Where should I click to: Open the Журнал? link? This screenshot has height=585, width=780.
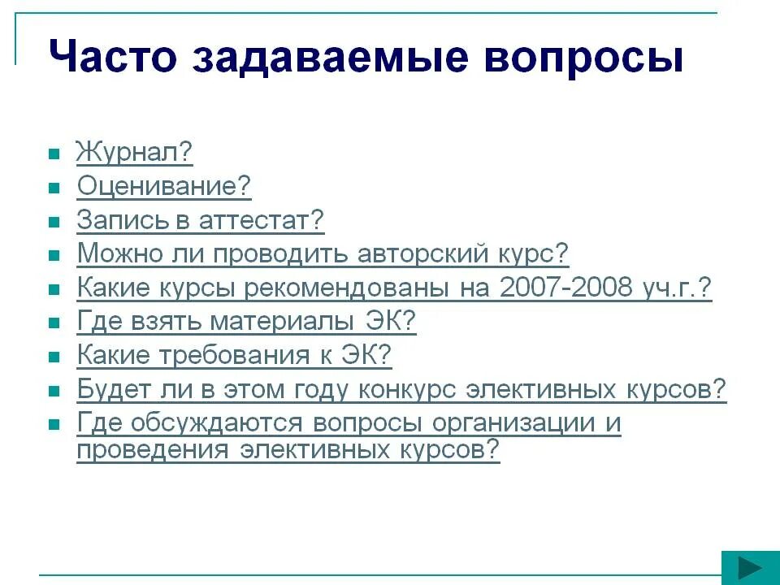coord(135,153)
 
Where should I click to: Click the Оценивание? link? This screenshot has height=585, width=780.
coord(164,187)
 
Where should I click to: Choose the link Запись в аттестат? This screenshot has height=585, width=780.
coord(200,220)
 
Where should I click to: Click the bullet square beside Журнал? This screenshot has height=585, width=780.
coord(54,154)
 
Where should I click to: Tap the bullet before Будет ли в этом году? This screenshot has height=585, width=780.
coord(54,391)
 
